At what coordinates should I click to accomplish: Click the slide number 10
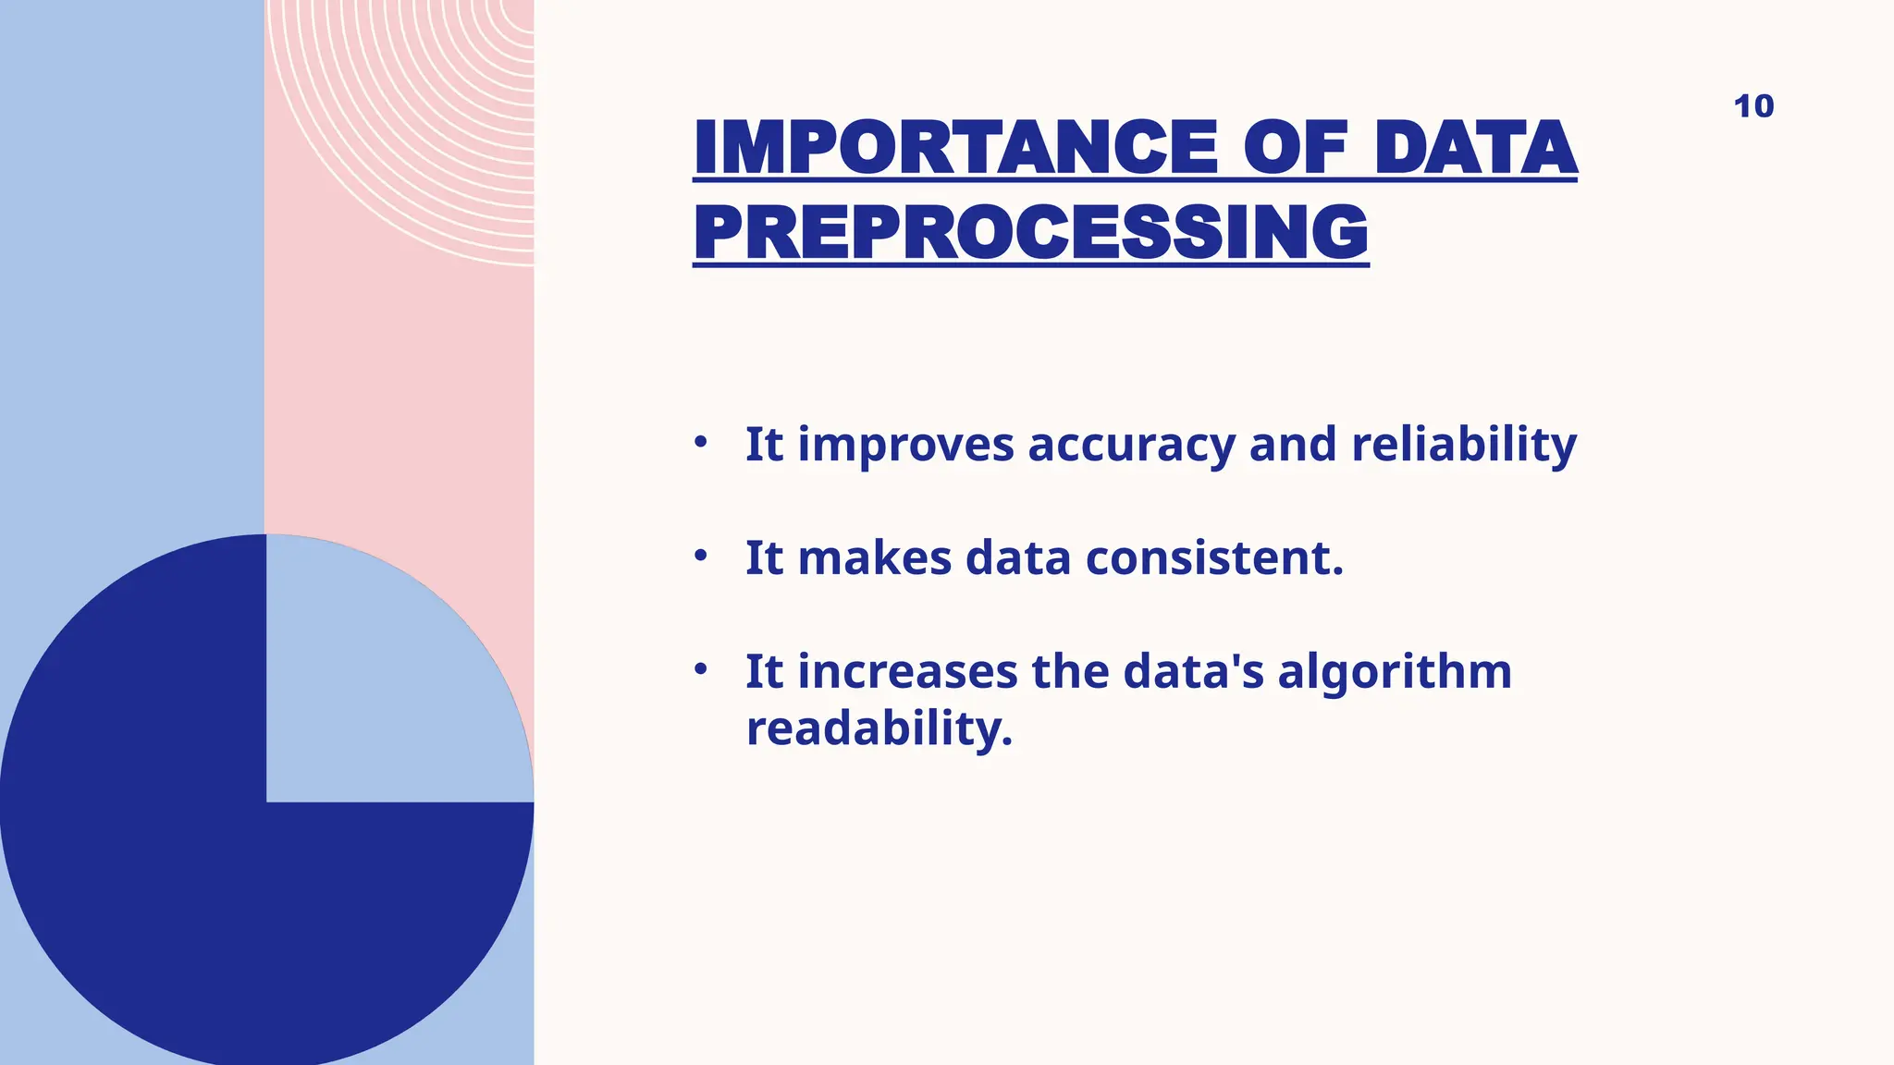pyautogui.click(x=1753, y=106)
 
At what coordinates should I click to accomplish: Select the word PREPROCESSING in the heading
pyautogui.click(x=1030, y=233)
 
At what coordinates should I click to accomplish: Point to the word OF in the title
pyautogui.click(x=1294, y=149)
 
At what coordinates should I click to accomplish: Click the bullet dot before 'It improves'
pyautogui.click(x=701, y=442)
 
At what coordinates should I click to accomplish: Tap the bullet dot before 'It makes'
pyautogui.click(x=701, y=556)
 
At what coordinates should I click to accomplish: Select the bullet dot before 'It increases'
pyautogui.click(x=701, y=668)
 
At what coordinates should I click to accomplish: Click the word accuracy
pyautogui.click(x=1131, y=447)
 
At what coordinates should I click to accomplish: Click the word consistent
pyautogui.click(x=1213, y=558)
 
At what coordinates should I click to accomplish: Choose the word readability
pyautogui.click(x=879, y=729)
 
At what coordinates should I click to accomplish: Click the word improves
pyautogui.click(x=905, y=447)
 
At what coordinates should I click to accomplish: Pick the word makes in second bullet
pyautogui.click(x=874, y=558)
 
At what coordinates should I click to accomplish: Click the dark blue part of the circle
pyautogui.click(x=185, y=832)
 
